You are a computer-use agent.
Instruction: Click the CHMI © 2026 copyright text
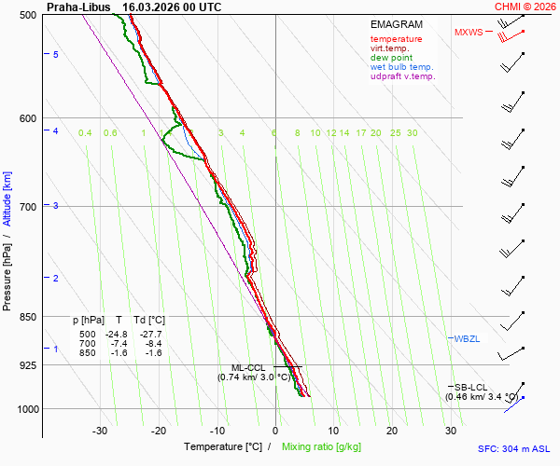pos(525,7)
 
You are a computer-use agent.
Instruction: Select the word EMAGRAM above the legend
pos(398,23)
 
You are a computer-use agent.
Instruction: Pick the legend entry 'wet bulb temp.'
pos(401,67)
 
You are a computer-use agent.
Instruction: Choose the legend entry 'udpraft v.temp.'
pos(402,76)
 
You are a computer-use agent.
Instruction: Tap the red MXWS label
pos(469,33)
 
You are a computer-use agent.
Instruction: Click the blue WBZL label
pos(467,337)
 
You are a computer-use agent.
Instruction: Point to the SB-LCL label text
pos(470,387)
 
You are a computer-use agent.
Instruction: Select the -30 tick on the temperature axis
pos(100,431)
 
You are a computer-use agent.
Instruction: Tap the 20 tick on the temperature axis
pos(392,431)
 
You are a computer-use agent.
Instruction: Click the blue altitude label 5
pos(56,55)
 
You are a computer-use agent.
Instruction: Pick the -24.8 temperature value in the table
pos(117,334)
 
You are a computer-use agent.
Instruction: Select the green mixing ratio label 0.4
pos(85,133)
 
